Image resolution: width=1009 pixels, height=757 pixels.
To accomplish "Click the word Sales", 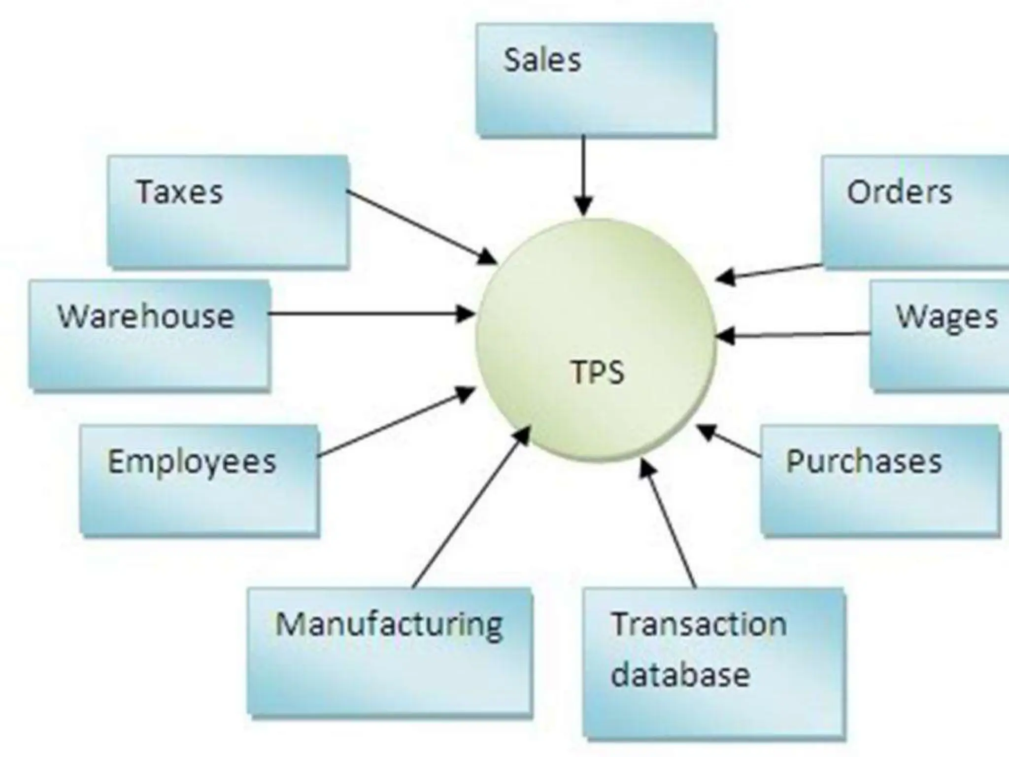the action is [542, 60].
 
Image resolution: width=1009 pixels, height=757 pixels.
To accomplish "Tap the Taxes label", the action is [179, 192].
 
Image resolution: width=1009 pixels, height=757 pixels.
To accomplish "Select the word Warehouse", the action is [146, 316].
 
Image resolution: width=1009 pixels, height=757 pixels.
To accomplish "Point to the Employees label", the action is [192, 462].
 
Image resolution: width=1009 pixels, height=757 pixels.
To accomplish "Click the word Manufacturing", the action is [389, 625].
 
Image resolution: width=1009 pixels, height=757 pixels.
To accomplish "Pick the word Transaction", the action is [699, 624].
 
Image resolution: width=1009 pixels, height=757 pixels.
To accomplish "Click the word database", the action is [680, 675].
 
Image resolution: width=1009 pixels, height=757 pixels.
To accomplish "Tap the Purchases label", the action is [864, 462].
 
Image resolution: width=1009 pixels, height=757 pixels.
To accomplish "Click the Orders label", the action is [899, 192].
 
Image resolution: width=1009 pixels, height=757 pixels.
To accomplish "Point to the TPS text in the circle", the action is [598, 372].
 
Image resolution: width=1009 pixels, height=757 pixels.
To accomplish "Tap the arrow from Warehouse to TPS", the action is [370, 313].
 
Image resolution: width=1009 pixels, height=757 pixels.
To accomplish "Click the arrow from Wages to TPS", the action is [793, 335].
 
